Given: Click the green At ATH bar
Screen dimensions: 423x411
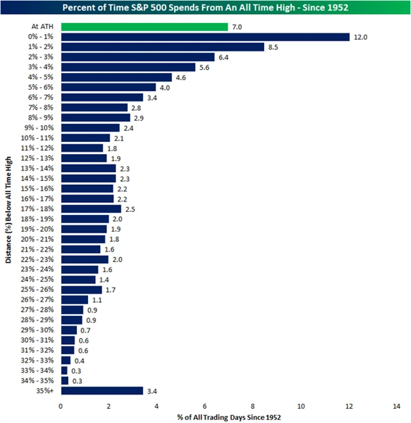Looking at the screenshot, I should [144, 27].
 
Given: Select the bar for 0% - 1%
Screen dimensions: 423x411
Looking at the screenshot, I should [204, 37].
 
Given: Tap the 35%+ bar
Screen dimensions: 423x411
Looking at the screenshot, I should [101, 390].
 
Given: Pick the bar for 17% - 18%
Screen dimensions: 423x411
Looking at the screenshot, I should [91, 209].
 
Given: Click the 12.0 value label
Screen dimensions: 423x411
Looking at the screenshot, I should [360, 37].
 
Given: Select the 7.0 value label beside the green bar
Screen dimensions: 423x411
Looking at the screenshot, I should [238, 27].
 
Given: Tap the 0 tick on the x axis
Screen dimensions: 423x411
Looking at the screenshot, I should [61, 406].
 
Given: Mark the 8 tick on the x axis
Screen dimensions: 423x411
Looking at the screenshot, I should [253, 406].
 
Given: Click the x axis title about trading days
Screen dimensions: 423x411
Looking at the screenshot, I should [229, 417].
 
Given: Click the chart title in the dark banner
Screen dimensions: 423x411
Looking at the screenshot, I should [205, 8].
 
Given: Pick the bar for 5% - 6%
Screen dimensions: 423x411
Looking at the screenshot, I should [109, 87].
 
